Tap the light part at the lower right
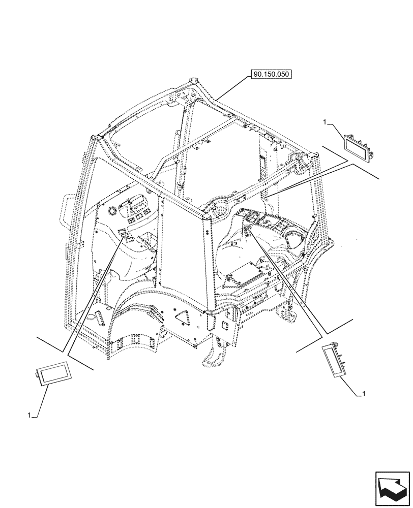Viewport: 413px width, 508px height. [333, 361]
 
